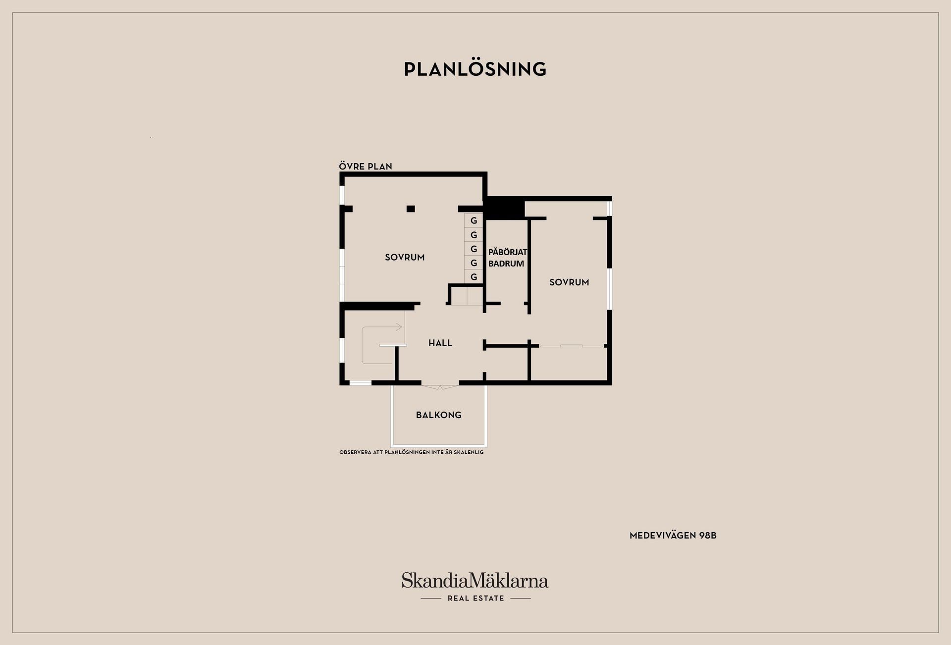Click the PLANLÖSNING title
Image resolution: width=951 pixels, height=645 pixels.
point(475,69)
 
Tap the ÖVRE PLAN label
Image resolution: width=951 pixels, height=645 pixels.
point(366,166)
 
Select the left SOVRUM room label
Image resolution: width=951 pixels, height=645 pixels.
point(405,257)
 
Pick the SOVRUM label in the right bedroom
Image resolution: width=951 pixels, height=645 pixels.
point(569,282)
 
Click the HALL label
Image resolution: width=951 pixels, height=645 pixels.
point(440,343)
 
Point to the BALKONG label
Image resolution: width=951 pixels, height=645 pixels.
point(438,415)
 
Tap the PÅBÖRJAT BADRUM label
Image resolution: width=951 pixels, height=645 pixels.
point(507,258)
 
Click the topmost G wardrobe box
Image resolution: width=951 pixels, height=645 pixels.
point(474,220)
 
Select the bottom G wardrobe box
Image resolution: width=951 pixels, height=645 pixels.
point(474,277)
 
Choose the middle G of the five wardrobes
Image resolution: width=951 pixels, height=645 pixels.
point(474,249)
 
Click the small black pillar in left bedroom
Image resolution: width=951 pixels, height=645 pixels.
point(411,209)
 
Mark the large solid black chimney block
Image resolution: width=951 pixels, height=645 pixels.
point(504,208)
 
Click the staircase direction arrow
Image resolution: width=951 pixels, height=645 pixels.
point(398,327)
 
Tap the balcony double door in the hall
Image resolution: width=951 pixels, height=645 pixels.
point(440,386)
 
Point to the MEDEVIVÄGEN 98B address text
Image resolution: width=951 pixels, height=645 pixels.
point(673,536)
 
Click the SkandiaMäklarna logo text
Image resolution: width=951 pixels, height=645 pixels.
point(475,581)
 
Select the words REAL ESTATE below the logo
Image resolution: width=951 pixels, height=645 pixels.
point(475,598)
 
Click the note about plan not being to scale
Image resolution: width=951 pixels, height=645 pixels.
point(411,452)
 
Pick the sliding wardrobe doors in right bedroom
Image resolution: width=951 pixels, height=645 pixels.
point(571,346)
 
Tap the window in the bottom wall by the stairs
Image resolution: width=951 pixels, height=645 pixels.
point(360,382)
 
